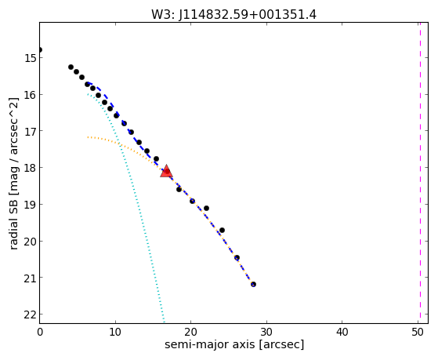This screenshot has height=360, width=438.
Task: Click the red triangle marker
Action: [166, 172]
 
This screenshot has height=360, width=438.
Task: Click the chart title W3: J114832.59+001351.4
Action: [233, 14]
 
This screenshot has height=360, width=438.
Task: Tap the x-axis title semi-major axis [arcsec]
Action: [234, 344]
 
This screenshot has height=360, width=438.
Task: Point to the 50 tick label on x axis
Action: [418, 332]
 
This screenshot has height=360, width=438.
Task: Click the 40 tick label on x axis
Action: [342, 332]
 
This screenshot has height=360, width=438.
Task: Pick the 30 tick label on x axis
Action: [266, 332]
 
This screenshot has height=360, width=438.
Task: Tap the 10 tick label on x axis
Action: [115, 332]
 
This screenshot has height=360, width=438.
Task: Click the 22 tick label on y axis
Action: [31, 315]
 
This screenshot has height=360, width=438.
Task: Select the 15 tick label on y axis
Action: [31, 58]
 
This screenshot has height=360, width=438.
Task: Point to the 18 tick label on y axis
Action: [31, 168]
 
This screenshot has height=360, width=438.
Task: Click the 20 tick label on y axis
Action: [31, 241]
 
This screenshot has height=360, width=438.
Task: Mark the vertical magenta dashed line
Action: [420, 173]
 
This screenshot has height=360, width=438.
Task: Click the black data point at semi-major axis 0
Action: [40, 49]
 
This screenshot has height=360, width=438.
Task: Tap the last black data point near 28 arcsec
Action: [253, 284]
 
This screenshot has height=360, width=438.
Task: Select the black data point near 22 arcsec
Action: [206, 208]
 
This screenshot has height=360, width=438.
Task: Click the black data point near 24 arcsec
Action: [222, 231]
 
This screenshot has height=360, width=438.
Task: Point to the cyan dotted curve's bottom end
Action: [164, 322]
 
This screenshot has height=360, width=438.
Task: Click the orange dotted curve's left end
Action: [88, 137]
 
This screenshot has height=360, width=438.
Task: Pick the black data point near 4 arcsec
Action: [71, 67]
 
